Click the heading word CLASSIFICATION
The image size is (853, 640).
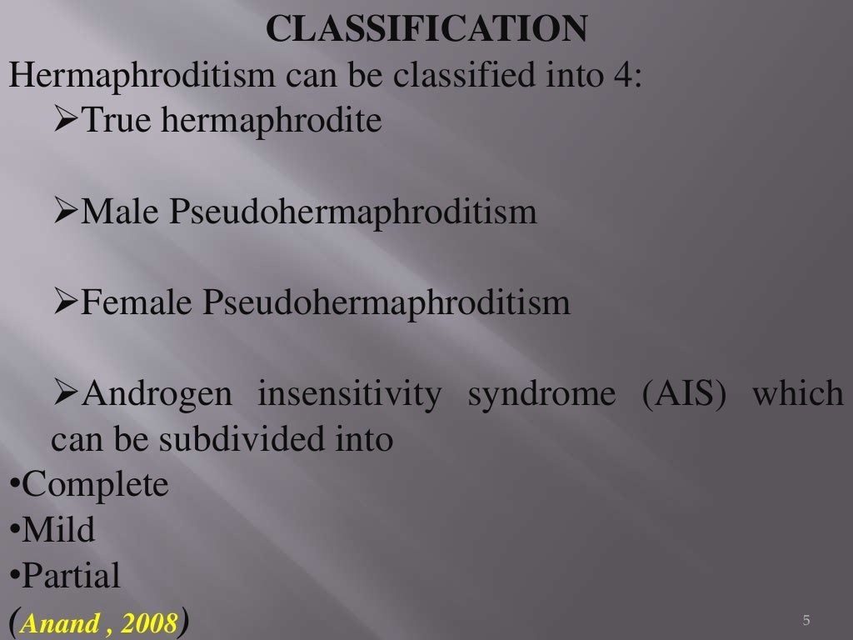point(426,30)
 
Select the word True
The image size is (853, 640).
point(116,121)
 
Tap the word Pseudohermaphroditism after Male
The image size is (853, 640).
point(353,212)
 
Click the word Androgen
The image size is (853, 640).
point(157,394)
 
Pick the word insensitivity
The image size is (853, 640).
point(349,394)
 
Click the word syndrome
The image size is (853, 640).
point(541,394)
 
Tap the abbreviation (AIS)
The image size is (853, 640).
point(685,394)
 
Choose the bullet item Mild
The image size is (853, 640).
point(58,530)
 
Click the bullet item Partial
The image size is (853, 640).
point(72,575)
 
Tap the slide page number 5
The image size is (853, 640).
point(806,621)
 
